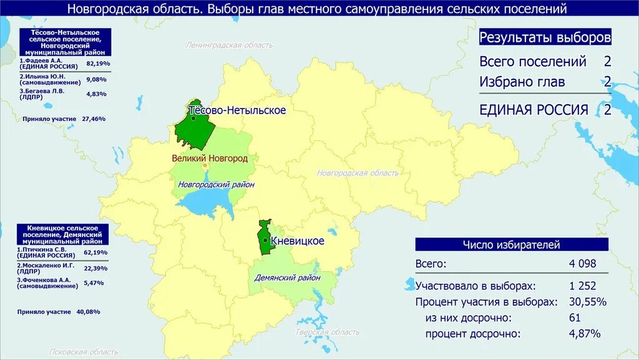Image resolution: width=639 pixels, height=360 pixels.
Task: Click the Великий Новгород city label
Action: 210,158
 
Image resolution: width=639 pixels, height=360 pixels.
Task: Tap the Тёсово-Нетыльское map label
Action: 237,110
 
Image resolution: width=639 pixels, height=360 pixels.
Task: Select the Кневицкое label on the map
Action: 298,241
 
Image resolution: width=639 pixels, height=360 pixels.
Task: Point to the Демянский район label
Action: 287,278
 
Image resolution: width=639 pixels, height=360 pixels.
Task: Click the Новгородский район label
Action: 216,185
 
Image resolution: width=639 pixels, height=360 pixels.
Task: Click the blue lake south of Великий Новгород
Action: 203,203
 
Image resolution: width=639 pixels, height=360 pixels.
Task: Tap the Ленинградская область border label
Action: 229,45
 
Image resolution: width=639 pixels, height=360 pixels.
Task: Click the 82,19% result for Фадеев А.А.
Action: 97,64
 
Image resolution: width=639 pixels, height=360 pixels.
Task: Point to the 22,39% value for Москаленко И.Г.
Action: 95,268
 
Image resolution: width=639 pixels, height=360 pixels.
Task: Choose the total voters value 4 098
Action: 582,264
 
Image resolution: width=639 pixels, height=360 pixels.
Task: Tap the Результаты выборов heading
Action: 545,37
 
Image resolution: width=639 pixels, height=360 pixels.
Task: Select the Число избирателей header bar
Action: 511,245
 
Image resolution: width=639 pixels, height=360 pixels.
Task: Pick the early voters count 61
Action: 575,318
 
